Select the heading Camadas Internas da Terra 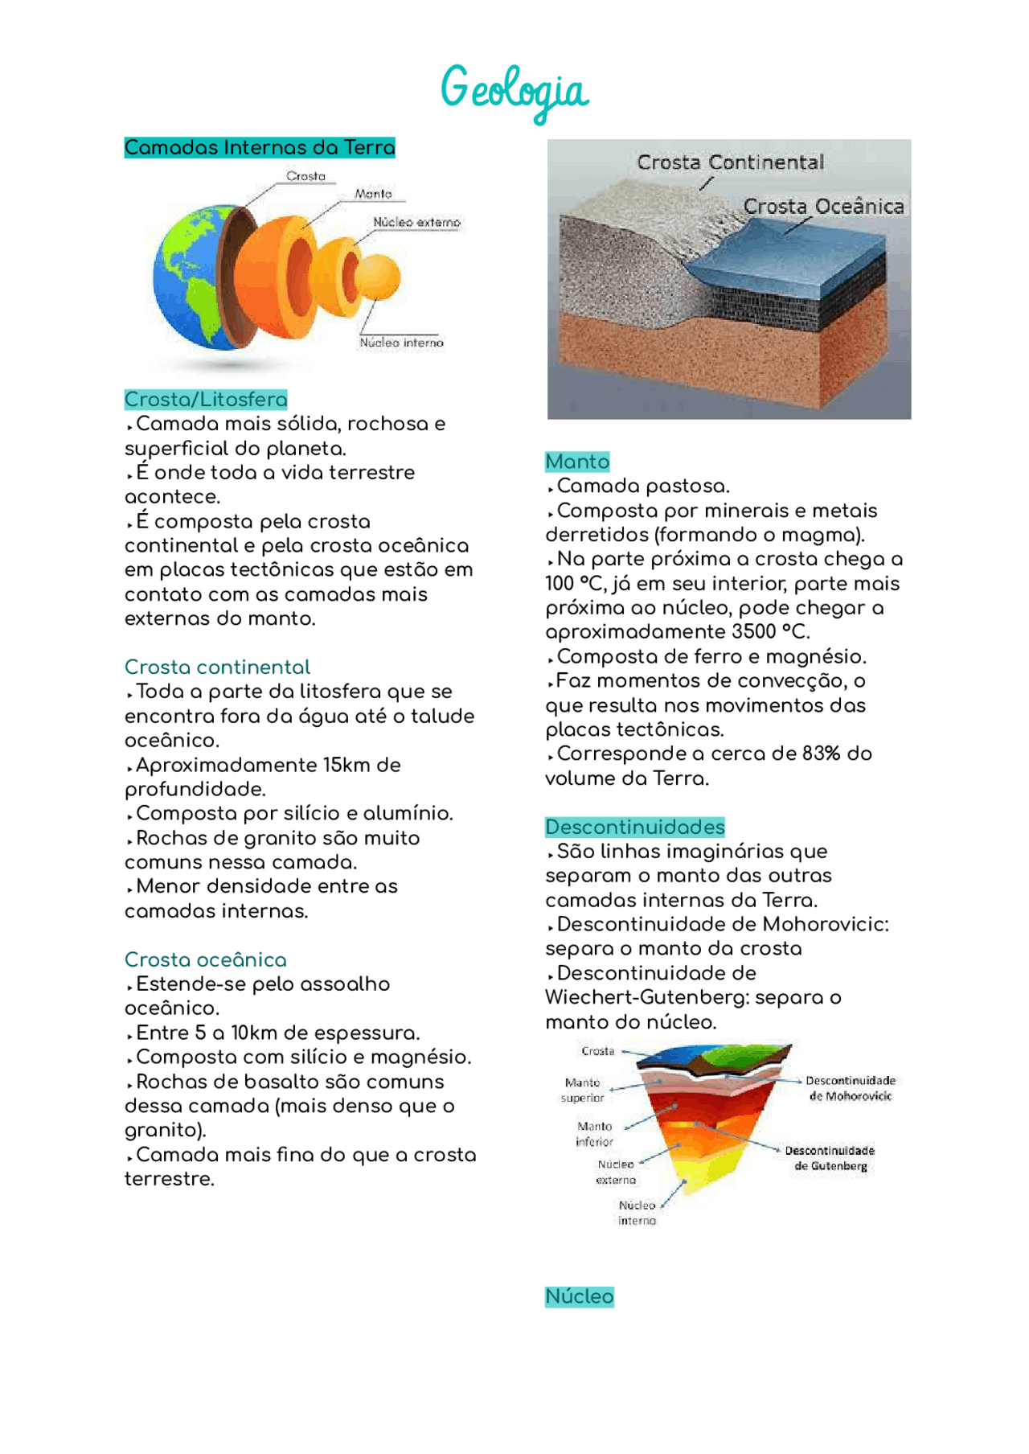(260, 148)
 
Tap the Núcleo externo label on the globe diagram (416, 222)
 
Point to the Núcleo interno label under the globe (401, 343)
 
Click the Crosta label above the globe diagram (306, 176)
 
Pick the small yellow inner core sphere (377, 277)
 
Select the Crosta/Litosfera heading (206, 400)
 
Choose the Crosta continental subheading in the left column (217, 667)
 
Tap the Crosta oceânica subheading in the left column (206, 960)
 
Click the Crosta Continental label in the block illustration (730, 162)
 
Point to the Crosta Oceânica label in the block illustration (823, 207)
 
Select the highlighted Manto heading (577, 462)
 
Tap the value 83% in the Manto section (821, 754)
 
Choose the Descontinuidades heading (635, 828)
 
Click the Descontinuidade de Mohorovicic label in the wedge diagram (851, 1088)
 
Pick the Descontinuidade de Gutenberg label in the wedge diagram (830, 1158)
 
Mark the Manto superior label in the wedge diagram (583, 1090)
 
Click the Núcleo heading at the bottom (580, 1296)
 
